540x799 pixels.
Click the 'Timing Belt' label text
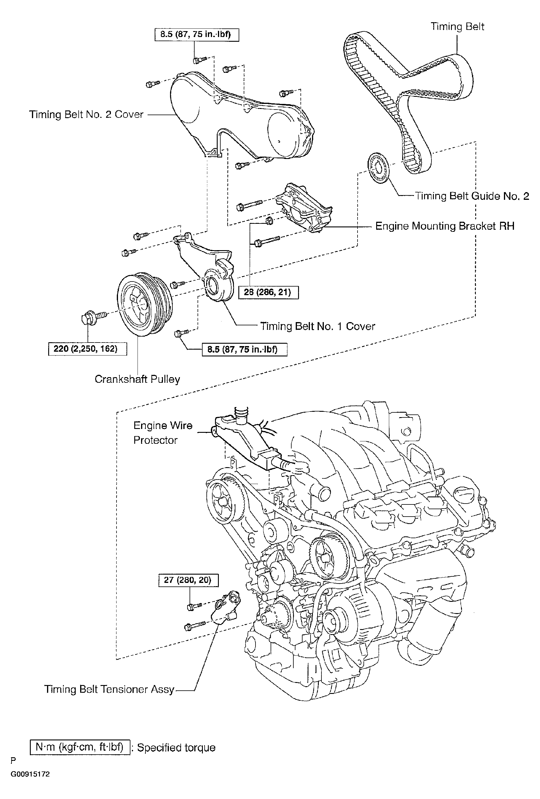pyautogui.click(x=457, y=26)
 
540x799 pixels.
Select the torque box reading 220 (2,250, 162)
pyautogui.click(x=88, y=349)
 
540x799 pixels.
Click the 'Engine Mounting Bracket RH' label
pyautogui.click(x=445, y=226)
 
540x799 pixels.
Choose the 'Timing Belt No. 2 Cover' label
pyautogui.click(x=86, y=115)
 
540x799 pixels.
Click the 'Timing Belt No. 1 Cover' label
pyautogui.click(x=317, y=326)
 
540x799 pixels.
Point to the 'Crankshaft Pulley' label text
pyautogui.click(x=138, y=379)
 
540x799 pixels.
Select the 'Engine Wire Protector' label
pyautogui.click(x=163, y=433)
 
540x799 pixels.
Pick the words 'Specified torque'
pyautogui.click(x=176, y=748)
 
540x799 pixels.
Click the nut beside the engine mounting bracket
pyautogui.click(x=269, y=221)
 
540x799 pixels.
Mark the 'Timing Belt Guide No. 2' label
pyautogui.click(x=472, y=196)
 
